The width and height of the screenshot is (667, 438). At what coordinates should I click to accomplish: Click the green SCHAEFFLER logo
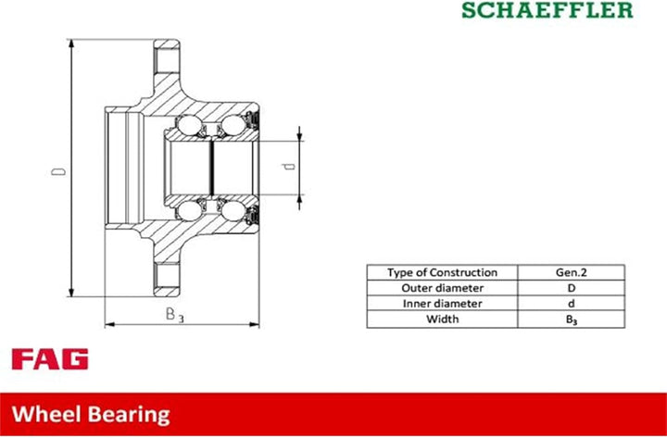click(547, 10)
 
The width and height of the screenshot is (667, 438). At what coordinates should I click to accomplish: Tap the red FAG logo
click(50, 359)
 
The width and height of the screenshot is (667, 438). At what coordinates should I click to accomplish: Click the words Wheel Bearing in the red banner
click(91, 414)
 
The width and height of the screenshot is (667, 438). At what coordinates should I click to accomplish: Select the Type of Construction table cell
click(442, 272)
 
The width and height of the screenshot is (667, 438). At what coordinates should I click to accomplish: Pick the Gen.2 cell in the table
click(572, 272)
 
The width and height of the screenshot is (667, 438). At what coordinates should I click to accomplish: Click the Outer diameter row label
click(442, 288)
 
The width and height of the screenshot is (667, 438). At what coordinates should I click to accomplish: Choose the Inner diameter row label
click(442, 304)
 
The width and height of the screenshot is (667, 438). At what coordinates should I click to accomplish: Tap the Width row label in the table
click(442, 319)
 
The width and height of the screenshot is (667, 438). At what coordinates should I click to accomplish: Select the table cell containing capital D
click(572, 288)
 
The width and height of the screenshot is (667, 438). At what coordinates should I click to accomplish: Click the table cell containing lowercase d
click(572, 304)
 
